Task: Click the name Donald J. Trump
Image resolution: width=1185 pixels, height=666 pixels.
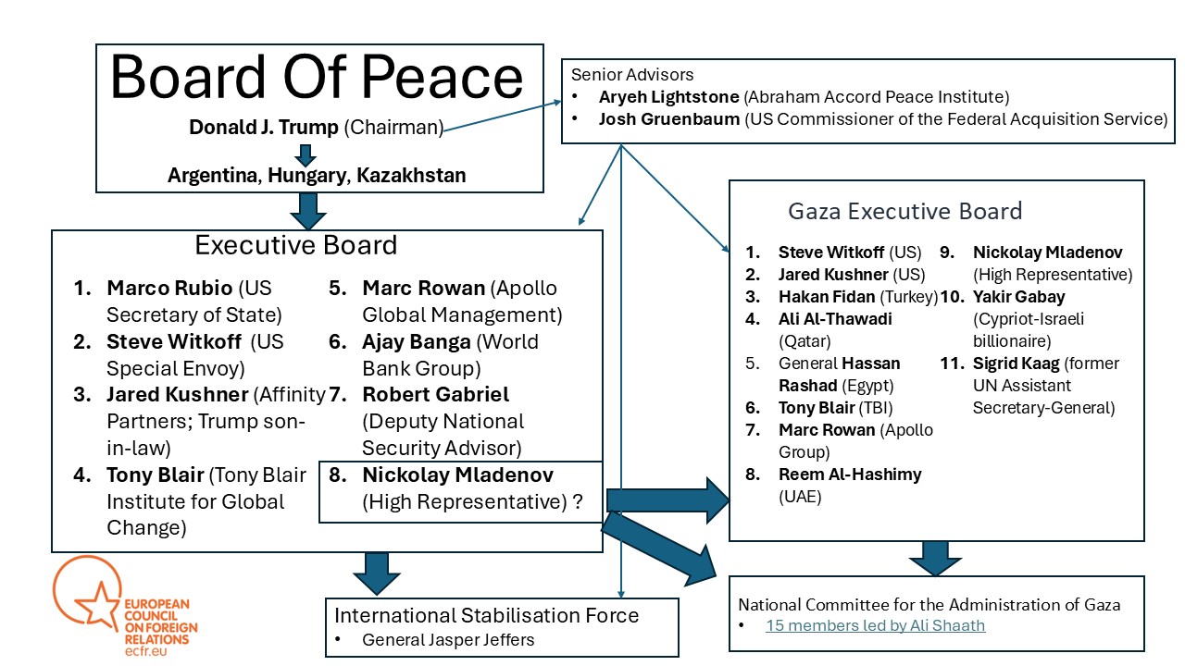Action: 264,128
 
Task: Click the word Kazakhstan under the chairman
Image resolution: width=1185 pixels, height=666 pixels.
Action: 411,175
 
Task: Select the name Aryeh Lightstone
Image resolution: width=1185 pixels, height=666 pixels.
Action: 668,97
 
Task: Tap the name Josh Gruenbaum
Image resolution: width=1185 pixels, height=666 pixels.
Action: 669,119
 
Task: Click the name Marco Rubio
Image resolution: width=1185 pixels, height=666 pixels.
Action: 169,288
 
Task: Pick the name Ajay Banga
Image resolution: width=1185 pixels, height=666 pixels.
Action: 417,342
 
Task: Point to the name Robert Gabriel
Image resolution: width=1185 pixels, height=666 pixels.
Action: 435,394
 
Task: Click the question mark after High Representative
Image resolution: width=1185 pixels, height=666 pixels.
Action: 578,501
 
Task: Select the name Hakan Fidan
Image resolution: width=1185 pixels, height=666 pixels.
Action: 827,297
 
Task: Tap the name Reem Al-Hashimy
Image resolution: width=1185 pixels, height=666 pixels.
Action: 850,475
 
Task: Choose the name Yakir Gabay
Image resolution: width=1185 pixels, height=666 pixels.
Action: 1019,297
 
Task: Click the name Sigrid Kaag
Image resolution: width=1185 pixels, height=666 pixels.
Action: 1017,364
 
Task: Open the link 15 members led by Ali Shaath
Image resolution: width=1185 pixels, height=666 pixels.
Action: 876,625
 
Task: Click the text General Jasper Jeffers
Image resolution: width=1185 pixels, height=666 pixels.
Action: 448,640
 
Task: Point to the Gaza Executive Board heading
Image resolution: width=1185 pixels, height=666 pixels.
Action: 905,212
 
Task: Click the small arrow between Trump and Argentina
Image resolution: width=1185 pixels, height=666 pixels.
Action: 306,154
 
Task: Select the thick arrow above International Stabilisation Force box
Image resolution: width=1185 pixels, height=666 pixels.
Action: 377,573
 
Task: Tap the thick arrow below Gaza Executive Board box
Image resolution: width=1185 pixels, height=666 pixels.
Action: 935,558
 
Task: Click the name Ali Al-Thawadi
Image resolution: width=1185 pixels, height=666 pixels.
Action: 835,319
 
